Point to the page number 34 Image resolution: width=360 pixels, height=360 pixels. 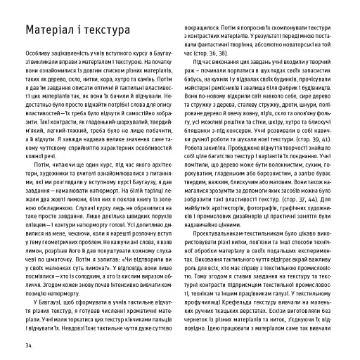point(28,345)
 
